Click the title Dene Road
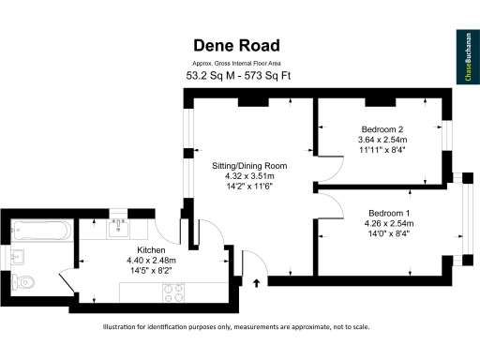(237, 45)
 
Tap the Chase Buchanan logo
(465, 57)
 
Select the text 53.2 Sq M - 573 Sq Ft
(237, 75)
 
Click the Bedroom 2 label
(382, 128)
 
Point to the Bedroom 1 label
(389, 213)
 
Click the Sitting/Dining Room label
(248, 165)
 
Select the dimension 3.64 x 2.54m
(382, 140)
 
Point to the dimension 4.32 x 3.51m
(248, 175)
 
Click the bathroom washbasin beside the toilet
(16, 254)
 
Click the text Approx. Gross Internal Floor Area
(237, 63)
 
